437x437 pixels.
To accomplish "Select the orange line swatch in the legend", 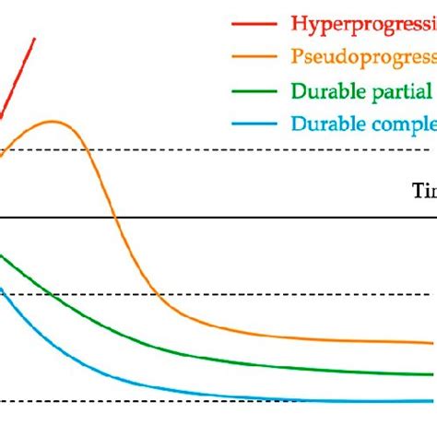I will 255,56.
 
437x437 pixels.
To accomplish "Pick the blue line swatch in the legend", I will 255,124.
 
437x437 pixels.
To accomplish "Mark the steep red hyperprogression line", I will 18,77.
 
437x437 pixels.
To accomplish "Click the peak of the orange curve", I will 53,121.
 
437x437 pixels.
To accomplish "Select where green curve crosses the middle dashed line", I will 43,294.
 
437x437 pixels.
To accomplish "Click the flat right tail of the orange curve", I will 369,341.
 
